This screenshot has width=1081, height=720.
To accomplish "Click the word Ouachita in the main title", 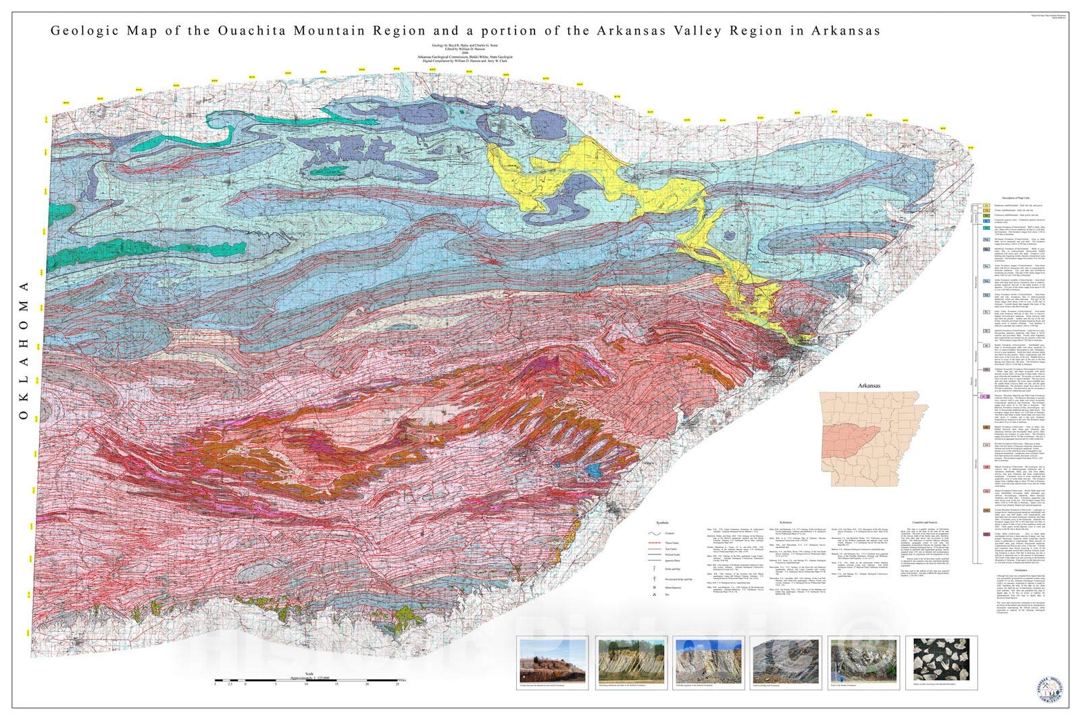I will tap(277, 31).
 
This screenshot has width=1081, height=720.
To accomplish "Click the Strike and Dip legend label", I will tap(673, 569).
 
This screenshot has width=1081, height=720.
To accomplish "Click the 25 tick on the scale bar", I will tap(397, 684).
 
